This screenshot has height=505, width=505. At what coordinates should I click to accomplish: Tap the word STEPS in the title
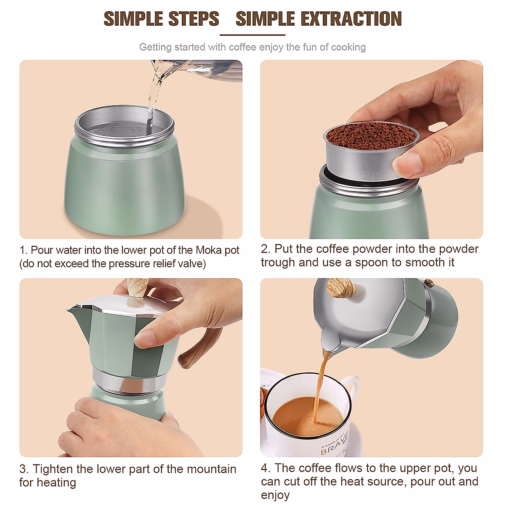coord(194,19)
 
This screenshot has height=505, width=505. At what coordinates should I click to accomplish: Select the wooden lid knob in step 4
coord(341,288)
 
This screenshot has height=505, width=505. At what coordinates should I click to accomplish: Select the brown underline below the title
coord(252,35)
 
